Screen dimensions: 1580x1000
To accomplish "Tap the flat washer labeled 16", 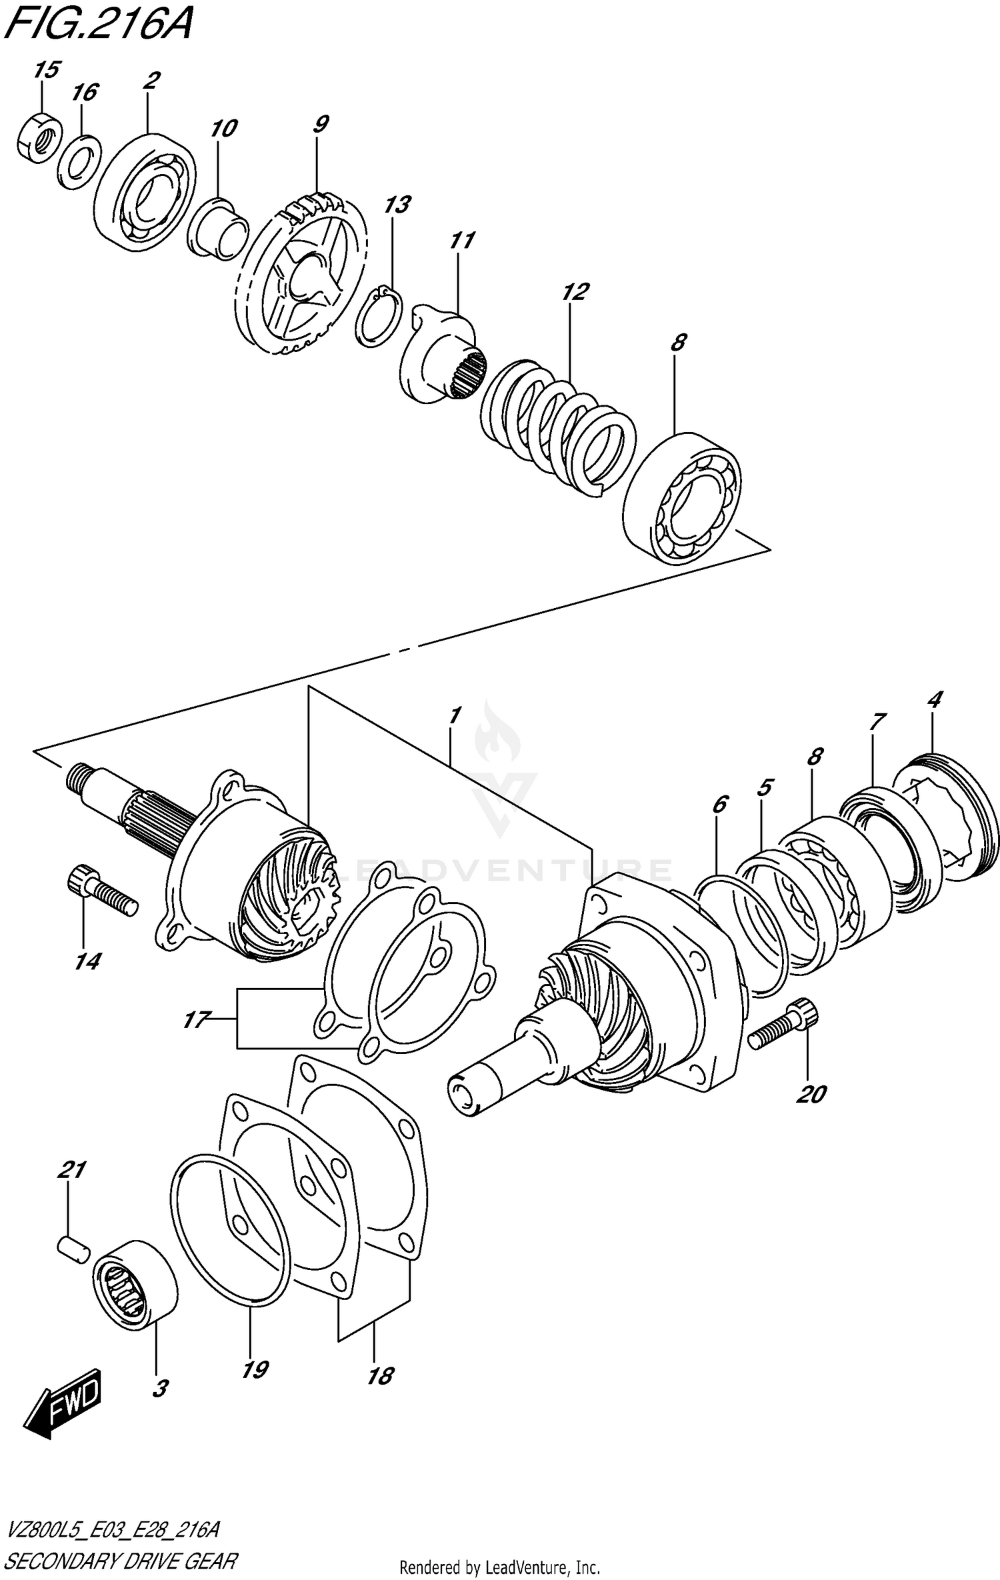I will click(79, 161).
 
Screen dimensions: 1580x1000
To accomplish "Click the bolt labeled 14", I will click(101, 890).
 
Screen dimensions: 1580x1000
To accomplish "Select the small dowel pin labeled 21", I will click(71, 1246).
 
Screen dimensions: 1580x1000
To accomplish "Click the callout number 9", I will click(321, 124).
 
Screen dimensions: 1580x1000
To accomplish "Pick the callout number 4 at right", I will click(935, 699).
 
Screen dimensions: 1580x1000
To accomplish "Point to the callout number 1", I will click(455, 716).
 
